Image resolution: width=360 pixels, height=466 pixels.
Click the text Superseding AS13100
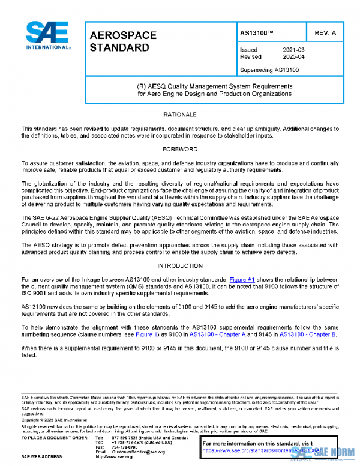click(x=269, y=70)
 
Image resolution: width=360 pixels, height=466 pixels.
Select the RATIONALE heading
click(x=179, y=114)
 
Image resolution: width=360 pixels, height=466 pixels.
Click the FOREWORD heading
click(x=179, y=148)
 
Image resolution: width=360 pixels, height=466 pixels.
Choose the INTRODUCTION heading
click(x=179, y=265)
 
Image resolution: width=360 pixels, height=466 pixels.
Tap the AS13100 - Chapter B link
click(x=305, y=334)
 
